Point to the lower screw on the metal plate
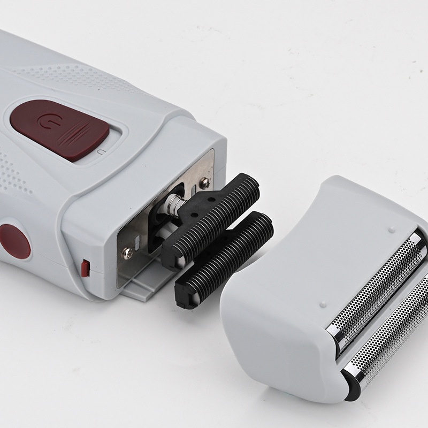(127, 253)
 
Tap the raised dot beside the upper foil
(391, 230)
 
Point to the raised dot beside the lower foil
(323, 305)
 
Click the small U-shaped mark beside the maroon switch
(101, 154)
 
